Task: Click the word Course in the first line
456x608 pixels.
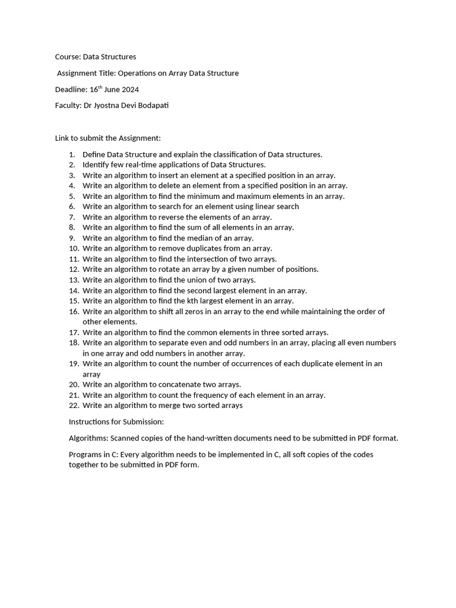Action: [x=67, y=57]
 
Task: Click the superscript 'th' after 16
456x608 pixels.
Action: [x=100, y=87]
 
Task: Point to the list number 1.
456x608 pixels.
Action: [x=71, y=154]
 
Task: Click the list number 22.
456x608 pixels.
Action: [x=74, y=406]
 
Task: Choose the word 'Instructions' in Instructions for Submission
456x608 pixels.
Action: [x=90, y=422]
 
